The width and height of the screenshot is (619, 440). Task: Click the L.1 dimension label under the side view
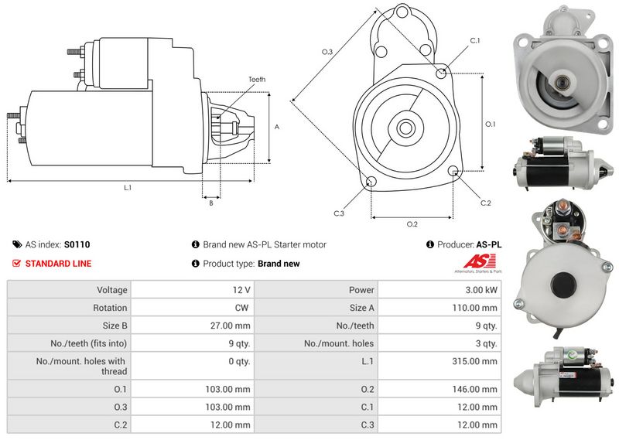128,187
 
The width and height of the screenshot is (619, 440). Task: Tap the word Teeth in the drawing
257,80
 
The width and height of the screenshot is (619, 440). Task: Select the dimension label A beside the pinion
277,127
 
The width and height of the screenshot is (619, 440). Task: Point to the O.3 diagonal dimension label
327,52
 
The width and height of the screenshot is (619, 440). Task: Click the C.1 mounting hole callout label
474,40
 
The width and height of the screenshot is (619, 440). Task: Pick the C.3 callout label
339,213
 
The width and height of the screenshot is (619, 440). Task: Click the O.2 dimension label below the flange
412,224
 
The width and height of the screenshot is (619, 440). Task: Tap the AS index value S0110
77,244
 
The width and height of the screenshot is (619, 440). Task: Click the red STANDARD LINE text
58,264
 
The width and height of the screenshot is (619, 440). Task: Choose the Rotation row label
111,308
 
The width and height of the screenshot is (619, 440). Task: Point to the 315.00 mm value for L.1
479,361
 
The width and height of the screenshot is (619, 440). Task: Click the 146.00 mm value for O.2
479,389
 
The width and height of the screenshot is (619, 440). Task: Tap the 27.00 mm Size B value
231,326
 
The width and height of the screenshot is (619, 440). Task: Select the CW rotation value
241,308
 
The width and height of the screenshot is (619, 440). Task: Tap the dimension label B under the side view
210,203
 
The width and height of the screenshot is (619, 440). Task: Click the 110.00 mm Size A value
479,308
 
